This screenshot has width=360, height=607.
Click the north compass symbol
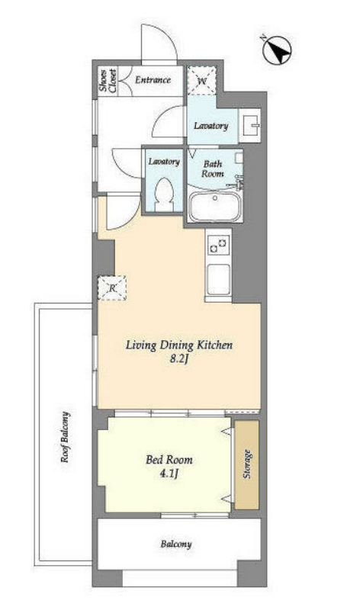coord(277,49)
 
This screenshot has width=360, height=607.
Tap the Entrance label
coord(153,80)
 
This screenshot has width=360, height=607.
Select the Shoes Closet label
coord(108,81)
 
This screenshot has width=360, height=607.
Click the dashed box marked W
coord(201,81)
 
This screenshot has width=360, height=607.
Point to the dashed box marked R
coord(112,287)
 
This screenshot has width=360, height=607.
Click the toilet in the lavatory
coord(164,194)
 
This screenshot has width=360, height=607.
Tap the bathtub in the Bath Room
coord(215,206)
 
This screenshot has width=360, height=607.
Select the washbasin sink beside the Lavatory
coord(250,125)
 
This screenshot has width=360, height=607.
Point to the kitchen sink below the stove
coord(219,279)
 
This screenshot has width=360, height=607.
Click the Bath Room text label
coord(213,169)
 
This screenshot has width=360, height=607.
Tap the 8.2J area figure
coord(178,360)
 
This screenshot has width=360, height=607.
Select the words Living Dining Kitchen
coord(179,345)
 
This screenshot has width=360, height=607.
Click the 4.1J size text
coord(169,473)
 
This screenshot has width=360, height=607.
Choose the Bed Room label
coord(169,460)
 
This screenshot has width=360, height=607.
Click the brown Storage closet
coord(246,464)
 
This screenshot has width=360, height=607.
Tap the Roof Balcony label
coord(66,437)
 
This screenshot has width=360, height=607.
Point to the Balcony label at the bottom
coord(176,544)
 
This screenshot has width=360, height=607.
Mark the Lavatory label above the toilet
coord(164,162)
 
